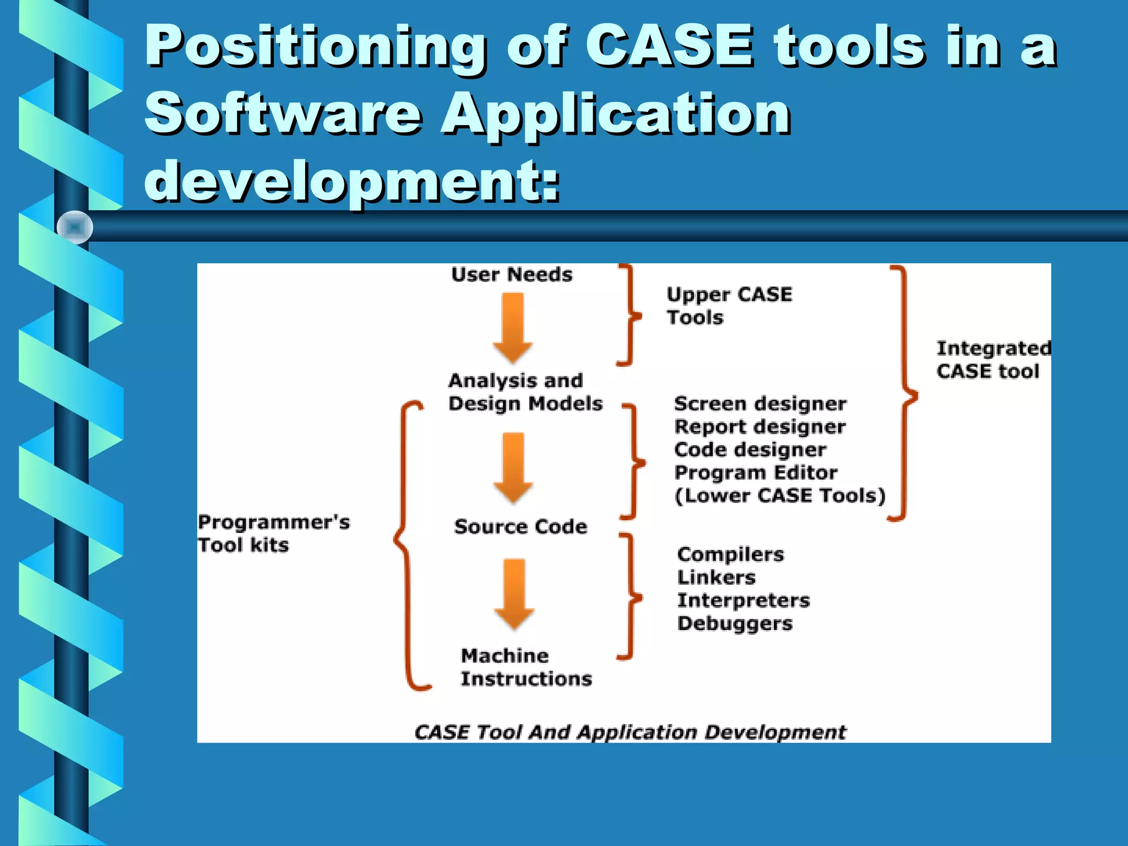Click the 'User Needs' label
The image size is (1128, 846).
pos(512,274)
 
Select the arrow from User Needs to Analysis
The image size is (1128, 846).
pos(513,328)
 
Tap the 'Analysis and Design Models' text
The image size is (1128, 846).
pos(525,392)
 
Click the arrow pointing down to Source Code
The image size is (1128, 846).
pos(513,468)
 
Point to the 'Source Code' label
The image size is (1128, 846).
pos(520,527)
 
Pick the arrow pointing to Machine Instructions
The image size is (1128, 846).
pos(514,594)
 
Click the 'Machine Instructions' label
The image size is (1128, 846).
pos(526,667)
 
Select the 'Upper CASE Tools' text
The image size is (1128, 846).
pos(729,306)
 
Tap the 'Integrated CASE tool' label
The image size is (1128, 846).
pos(993,360)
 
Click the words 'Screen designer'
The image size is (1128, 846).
pos(760,404)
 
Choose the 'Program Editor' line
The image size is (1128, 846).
pos(756,473)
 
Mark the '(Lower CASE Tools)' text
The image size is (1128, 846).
pos(780,496)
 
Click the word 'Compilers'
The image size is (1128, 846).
pos(730,554)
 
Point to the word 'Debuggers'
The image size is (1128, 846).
pos(735,623)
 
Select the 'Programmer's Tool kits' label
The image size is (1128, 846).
pos(273,533)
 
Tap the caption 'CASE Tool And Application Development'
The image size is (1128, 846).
pos(630,732)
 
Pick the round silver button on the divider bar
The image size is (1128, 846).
pos(75,227)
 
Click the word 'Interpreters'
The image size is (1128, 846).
pos(744,600)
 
